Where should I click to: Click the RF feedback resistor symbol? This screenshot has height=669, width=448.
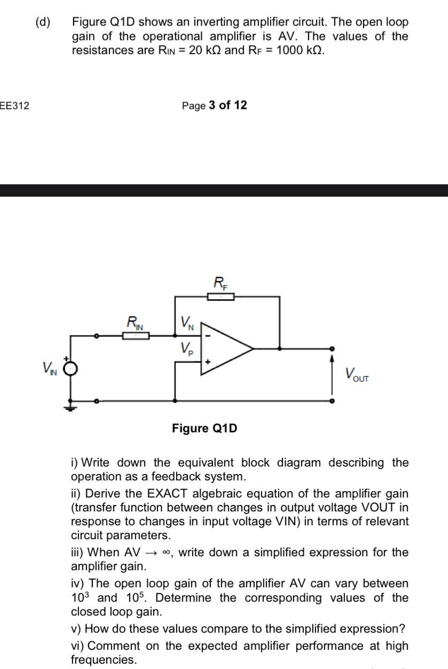coord(221,297)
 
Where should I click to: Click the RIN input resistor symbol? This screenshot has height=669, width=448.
coord(135,336)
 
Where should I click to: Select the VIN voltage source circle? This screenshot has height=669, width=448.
coord(72,369)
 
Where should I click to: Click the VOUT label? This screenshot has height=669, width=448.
coord(357,375)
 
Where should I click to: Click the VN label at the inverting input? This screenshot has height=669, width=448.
coord(187,323)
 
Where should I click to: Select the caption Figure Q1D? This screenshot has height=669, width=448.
coord(205,428)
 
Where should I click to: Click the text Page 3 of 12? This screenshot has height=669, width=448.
coord(214,105)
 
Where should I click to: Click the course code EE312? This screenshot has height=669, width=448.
coord(14,106)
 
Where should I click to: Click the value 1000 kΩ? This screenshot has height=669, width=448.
coord(300,50)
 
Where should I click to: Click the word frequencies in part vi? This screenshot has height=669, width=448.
coord(104,660)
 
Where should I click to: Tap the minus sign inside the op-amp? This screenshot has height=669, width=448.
coord(209,337)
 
